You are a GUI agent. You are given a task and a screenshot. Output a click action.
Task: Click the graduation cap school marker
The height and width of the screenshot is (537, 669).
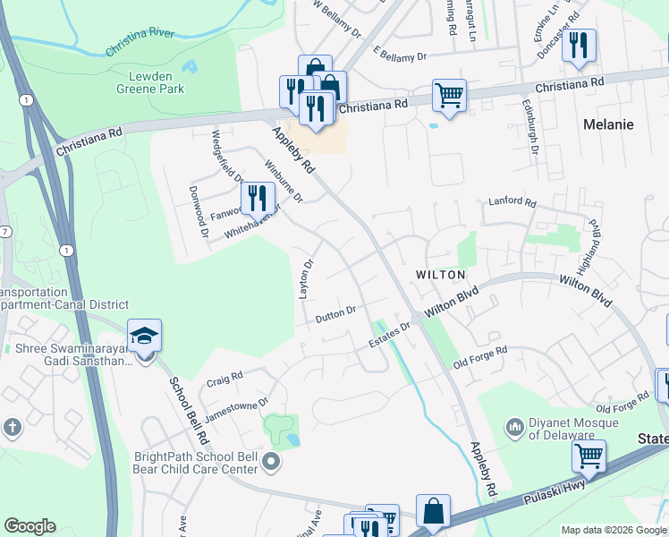pos(144,337)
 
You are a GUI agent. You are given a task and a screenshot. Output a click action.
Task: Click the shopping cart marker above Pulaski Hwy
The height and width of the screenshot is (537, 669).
pos(589,456)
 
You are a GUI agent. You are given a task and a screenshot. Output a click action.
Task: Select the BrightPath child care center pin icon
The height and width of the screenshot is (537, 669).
pos(272,462)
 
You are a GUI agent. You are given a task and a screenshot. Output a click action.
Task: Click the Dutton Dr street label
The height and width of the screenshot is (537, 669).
pos(335,314)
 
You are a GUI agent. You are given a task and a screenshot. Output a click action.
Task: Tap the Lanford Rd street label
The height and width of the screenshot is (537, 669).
pos(511,202)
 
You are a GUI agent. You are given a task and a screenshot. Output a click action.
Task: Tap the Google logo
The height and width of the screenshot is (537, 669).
pos(30,526)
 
